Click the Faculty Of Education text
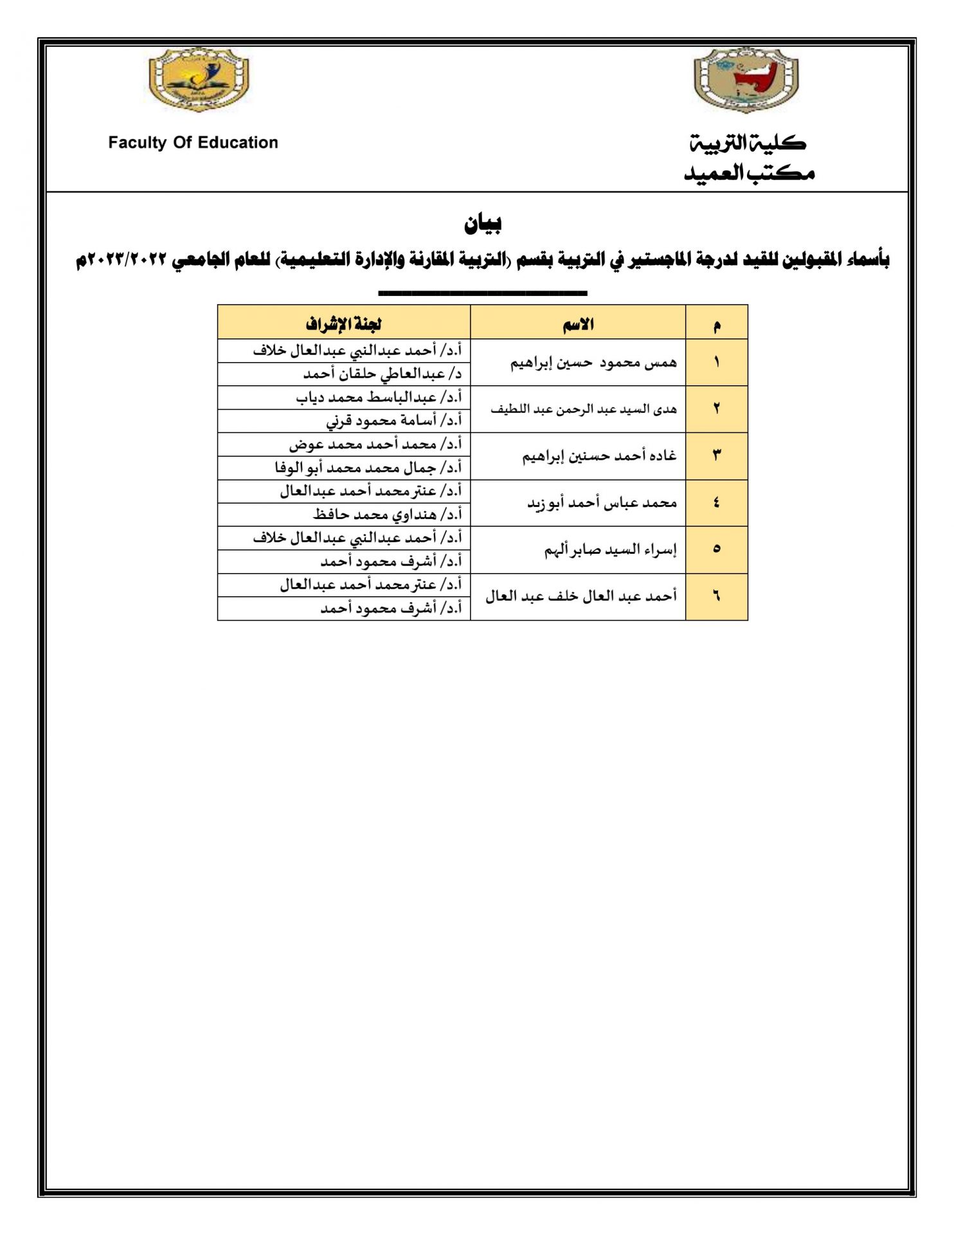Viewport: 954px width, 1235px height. point(193,142)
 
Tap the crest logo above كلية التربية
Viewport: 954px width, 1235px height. point(746,80)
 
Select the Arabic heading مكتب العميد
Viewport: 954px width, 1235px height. point(749,172)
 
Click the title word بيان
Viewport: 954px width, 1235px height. point(483,223)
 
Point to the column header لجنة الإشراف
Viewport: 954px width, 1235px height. point(344,324)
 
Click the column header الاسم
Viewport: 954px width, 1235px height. point(578,324)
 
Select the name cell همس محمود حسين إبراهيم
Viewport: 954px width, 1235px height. point(593,363)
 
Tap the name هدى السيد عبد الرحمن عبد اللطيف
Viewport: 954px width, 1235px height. point(583,409)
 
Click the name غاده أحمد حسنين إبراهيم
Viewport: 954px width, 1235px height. point(599,456)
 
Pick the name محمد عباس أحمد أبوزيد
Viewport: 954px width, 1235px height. point(602,503)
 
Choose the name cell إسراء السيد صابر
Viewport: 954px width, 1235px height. point(610,550)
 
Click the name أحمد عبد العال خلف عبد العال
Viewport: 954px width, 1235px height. point(581,597)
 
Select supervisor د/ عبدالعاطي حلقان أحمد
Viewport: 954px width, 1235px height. point(382,374)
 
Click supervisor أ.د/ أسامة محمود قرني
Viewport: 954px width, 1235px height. point(393,421)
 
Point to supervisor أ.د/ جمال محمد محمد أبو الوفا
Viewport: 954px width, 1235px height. point(368,468)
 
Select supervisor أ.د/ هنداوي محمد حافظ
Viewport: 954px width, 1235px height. point(387,515)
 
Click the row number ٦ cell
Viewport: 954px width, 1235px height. point(716,597)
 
